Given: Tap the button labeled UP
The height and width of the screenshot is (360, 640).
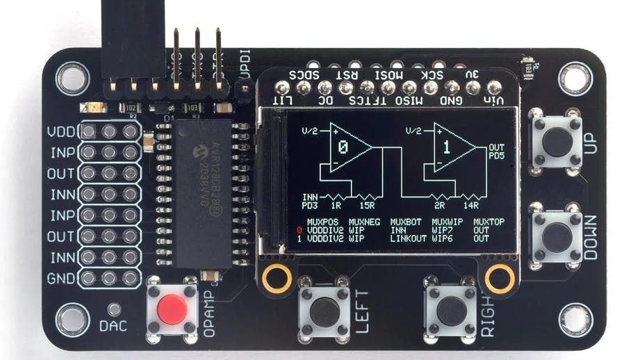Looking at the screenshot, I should coord(555,141).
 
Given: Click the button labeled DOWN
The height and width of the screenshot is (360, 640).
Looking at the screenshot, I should coord(555,235).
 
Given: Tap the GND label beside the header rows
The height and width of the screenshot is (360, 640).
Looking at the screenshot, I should coord(60,279).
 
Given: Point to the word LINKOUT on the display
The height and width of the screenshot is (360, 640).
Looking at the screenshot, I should coord(407,238).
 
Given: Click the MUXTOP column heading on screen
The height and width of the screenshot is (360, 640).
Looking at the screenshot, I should coord(490,222).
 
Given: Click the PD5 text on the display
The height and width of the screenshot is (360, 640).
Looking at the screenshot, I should coord(496,156).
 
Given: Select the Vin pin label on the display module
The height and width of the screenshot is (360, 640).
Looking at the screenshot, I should coord(494,101).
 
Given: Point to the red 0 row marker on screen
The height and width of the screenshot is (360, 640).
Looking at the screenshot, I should coord(299,230).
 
